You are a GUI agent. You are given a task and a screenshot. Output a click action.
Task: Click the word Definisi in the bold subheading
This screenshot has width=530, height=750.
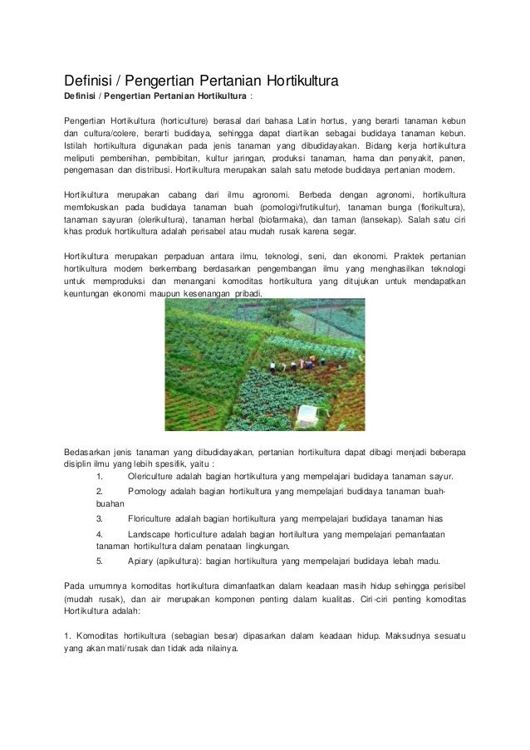[81, 97]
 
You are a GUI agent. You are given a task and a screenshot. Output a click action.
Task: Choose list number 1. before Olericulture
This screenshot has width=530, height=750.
[100, 477]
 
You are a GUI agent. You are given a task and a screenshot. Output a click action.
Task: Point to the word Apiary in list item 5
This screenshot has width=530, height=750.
[141, 560]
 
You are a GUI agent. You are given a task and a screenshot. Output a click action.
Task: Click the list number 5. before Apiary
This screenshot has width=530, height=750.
[100, 560]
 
